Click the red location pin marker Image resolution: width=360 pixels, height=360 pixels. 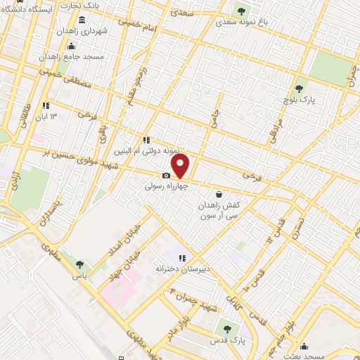[x=181, y=166]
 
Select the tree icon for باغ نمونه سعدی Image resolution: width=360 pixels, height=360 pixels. [x=242, y=11]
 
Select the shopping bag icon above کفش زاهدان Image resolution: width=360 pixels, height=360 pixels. [x=219, y=194]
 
